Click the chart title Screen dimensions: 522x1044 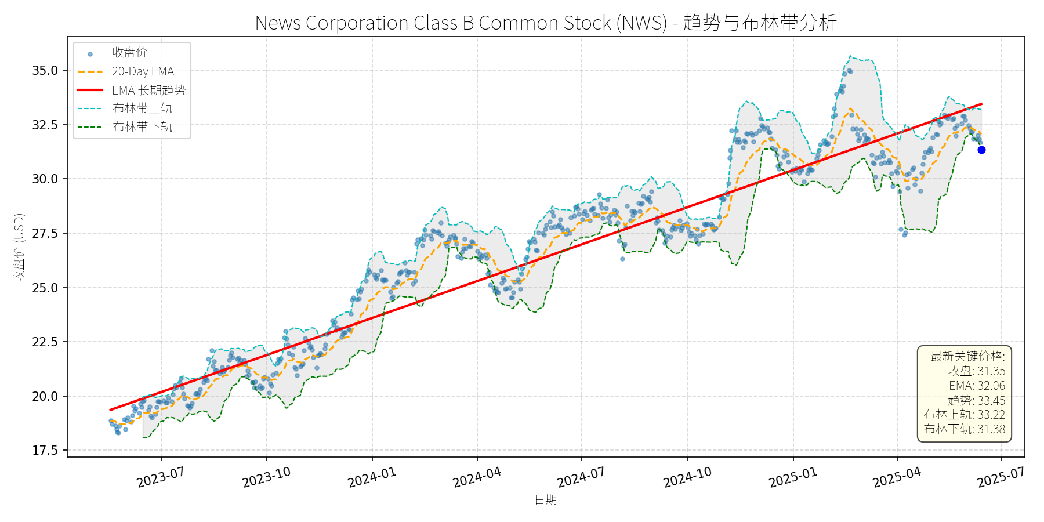point(545,23)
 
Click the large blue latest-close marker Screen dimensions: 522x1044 point(981,150)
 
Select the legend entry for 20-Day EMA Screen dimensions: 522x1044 point(143,71)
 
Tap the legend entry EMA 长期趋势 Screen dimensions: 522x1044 point(148,90)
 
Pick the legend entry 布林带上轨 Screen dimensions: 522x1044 point(142,108)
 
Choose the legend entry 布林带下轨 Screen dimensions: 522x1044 point(142,126)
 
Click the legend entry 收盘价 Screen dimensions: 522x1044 point(129,53)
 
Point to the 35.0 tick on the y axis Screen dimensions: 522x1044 point(45,71)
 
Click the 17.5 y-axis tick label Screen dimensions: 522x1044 point(45,451)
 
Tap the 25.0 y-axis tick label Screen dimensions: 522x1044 point(45,288)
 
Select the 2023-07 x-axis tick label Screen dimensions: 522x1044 point(161,477)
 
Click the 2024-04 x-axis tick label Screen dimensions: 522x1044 point(477,477)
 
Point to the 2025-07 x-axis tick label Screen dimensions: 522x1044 point(1001,477)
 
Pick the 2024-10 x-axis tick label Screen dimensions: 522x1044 point(687,477)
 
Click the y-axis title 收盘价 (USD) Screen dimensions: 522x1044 point(19,248)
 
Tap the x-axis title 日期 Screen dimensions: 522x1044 point(545,499)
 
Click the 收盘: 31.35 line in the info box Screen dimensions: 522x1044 point(976,371)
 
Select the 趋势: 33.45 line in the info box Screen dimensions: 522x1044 point(976,400)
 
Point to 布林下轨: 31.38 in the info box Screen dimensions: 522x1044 point(964,429)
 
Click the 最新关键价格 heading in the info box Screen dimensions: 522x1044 point(967,356)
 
